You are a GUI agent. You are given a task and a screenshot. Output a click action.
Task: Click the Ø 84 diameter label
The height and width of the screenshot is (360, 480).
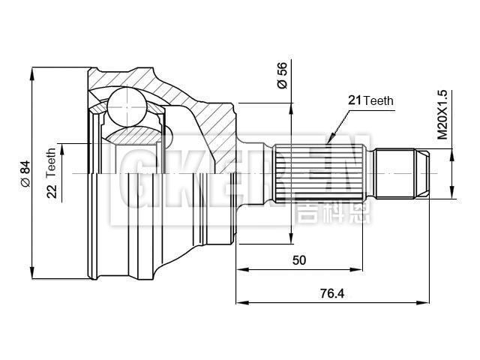(24, 173)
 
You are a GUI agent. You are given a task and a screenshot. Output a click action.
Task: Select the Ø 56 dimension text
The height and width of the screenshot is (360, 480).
(282, 76)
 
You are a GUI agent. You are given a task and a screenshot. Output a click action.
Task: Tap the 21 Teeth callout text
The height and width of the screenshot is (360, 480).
(370, 100)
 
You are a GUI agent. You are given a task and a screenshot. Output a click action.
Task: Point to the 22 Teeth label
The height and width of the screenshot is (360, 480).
(52, 175)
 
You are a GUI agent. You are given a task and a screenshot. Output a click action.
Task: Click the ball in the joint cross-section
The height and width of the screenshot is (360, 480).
(124, 107)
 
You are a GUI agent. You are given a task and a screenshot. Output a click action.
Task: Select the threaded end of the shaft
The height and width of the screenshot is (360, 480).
(401, 173)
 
